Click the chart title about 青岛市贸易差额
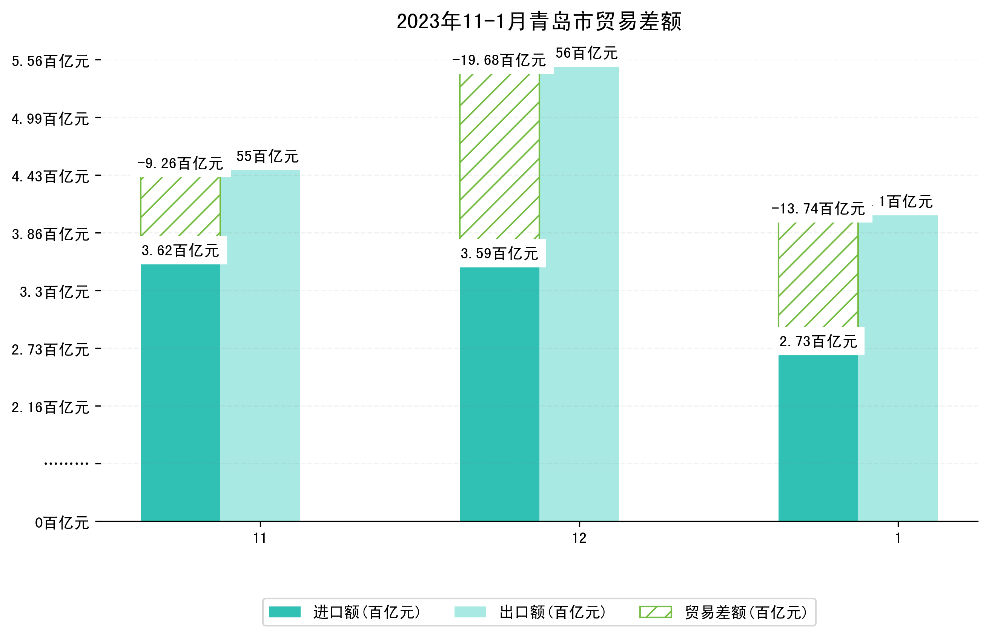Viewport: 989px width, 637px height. tap(539, 21)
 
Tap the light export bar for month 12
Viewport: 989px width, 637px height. tap(579, 294)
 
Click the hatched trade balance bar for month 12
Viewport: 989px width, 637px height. tap(499, 157)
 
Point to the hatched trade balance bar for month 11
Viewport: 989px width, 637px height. tap(180, 206)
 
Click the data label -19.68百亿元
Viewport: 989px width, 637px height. tap(499, 61)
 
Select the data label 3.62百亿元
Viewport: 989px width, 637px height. tap(180, 251)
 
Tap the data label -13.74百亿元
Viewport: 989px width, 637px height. tap(818, 209)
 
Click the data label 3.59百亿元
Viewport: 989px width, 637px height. tap(499, 253)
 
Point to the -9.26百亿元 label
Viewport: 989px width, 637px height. tap(180, 164)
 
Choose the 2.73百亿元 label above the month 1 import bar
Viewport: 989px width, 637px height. tap(818, 342)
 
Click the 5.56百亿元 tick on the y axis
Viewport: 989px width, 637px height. tap(51, 61)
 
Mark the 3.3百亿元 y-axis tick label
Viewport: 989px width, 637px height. tap(55, 292)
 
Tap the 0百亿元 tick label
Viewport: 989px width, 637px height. tap(62, 523)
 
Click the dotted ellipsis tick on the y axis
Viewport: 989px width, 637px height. tap(66, 464)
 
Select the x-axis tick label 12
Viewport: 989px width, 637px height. tap(579, 538)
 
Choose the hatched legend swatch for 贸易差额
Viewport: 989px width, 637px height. tap(655, 612)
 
